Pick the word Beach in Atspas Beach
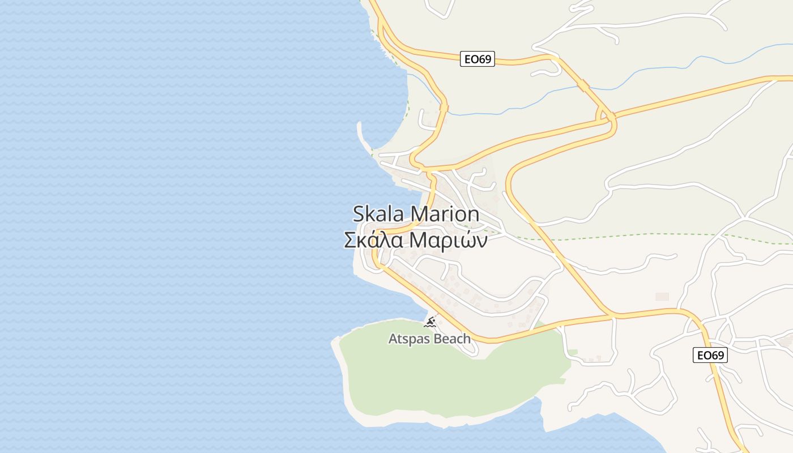pos(451,339)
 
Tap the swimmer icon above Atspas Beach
pos(430,323)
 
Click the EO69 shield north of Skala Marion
pos(477,59)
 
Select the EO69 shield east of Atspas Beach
pos(710,355)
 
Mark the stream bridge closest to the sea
pos(444,106)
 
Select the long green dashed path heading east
pos(651,234)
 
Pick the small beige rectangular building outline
pos(662,296)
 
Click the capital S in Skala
pos(359,214)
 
